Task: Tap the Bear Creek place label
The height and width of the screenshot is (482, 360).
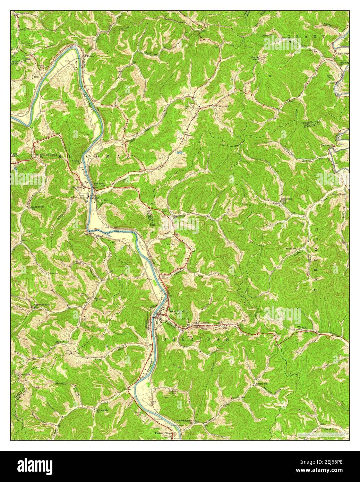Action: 179,216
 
